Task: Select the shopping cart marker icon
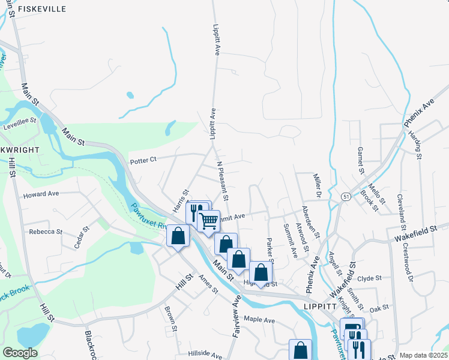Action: (x=208, y=220)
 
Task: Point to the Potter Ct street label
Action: (x=143, y=160)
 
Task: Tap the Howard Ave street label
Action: (x=41, y=194)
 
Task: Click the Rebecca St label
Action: (x=46, y=232)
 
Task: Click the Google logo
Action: (x=20, y=353)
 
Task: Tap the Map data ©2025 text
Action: (x=424, y=355)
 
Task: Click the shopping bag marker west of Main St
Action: (x=178, y=235)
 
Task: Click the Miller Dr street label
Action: (x=316, y=186)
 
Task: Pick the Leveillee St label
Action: (x=20, y=120)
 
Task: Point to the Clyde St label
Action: (x=369, y=278)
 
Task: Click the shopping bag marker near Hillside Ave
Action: (x=300, y=350)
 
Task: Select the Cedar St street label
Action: (x=82, y=242)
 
